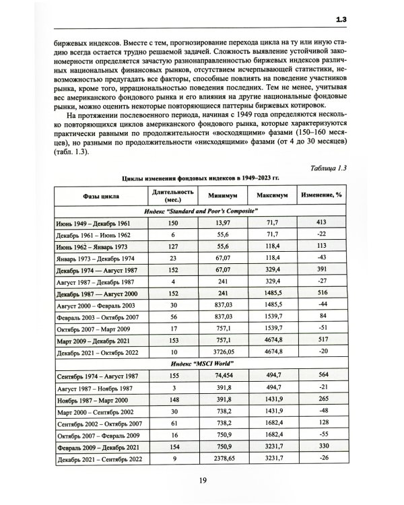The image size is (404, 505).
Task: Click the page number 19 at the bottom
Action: [202, 480]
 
